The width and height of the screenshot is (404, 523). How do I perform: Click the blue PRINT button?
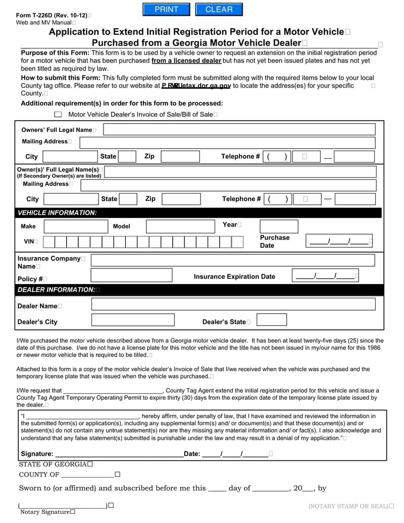click(x=166, y=10)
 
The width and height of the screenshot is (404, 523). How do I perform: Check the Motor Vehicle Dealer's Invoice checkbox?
click(x=58, y=115)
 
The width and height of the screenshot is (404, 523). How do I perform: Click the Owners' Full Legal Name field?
click(x=239, y=129)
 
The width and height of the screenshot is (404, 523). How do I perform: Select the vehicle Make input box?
click(x=76, y=226)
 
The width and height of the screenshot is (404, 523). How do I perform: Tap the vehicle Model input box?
click(x=180, y=226)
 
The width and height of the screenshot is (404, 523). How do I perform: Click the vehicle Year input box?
click(x=279, y=226)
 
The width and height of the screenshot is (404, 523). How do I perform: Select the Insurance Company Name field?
click(x=232, y=260)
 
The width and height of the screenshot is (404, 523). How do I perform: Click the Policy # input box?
click(x=131, y=275)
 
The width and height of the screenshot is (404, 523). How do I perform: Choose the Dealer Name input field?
click(x=233, y=304)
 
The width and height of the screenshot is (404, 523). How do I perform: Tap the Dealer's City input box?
click(x=131, y=320)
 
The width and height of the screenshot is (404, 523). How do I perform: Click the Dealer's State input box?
click(x=272, y=320)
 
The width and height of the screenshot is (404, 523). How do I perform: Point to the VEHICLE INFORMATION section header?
click(x=57, y=213)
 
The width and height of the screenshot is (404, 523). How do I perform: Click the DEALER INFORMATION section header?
click(x=57, y=290)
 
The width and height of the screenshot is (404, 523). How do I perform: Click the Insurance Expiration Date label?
click(x=234, y=276)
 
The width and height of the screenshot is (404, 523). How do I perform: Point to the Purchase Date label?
click(x=274, y=242)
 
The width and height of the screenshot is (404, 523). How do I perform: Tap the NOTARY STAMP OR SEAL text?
click(x=349, y=506)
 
